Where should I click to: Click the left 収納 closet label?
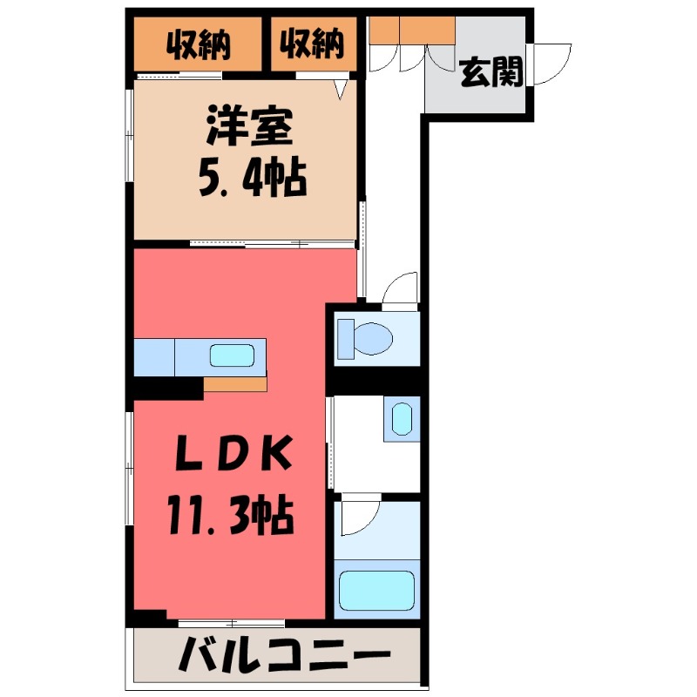[199, 44]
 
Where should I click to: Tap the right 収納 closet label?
[312, 44]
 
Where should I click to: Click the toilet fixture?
[366, 337]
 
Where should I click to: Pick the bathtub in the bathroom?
[376, 590]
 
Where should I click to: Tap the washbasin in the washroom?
[401, 419]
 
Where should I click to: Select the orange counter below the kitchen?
[235, 384]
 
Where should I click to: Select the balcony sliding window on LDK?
[232, 622]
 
